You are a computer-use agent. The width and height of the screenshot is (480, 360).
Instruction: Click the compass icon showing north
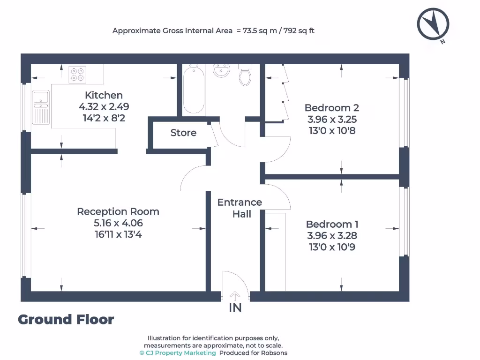pyautogui.click(x=433, y=24)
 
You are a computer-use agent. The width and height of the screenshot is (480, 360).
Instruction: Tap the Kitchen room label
pyautogui.click(x=104, y=95)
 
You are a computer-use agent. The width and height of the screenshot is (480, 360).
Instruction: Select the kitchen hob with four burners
pyautogui.click(x=77, y=74)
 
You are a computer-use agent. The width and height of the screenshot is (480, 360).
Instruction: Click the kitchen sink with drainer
pyautogui.click(x=41, y=107)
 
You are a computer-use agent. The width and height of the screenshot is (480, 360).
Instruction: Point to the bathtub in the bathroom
pyautogui.click(x=193, y=89)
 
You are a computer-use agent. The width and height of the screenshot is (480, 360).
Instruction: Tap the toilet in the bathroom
pyautogui.click(x=245, y=75)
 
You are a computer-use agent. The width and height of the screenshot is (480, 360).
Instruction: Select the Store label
pyautogui.click(x=183, y=133)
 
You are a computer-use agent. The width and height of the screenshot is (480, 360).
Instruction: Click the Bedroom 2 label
pyautogui.click(x=331, y=107)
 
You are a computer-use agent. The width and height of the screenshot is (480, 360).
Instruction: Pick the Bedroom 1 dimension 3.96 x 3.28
pyautogui.click(x=331, y=236)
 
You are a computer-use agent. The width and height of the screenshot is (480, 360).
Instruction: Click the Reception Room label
pyautogui.click(x=118, y=211)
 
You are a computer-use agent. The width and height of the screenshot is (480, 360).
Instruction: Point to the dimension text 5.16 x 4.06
pyautogui.click(x=118, y=223)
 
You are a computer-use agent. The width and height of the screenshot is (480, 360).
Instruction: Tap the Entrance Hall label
pyautogui.click(x=240, y=208)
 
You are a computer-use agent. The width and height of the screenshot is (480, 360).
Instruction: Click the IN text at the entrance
pyautogui.click(x=235, y=308)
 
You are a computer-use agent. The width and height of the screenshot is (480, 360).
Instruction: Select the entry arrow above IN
pyautogui.click(x=235, y=295)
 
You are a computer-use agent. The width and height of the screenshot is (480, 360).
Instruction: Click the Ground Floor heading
pyautogui.click(x=66, y=320)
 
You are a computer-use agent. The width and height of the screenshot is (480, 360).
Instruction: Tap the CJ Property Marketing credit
pyautogui.click(x=178, y=353)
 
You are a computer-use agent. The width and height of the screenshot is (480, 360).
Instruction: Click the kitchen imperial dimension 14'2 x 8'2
pyautogui.click(x=104, y=118)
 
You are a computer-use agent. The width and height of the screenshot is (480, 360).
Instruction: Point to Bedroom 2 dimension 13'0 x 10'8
pyautogui.click(x=331, y=130)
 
